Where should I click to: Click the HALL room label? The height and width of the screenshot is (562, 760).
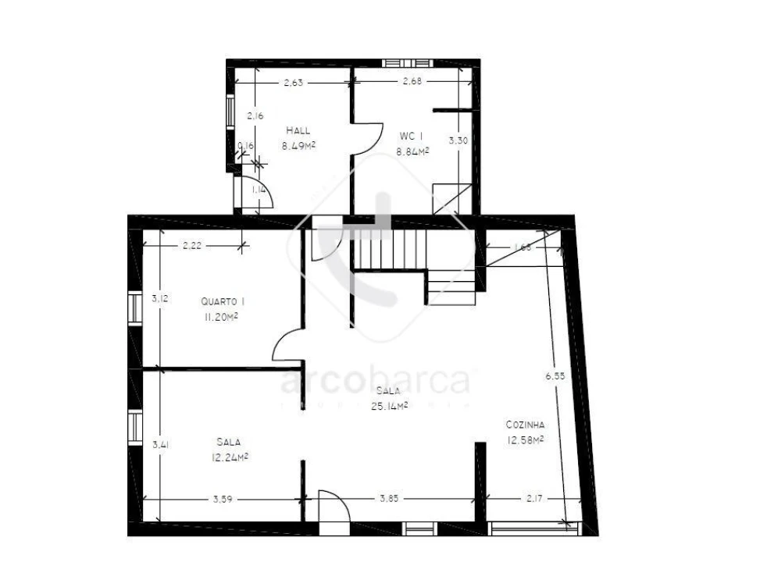coord(298,130)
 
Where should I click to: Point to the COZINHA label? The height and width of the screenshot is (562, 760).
coord(525,425)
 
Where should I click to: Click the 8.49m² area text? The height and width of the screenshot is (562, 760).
coord(298,145)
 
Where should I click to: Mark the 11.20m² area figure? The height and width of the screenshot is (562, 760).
coord(221,317)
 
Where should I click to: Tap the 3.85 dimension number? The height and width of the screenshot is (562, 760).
coord(390,499)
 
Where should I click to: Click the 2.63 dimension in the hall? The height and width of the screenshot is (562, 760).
coord(293,82)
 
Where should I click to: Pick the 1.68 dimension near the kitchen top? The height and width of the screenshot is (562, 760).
coord(523,248)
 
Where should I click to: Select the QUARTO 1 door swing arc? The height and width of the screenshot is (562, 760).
coord(286,345)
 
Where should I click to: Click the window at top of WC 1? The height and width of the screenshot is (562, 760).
coord(406,62)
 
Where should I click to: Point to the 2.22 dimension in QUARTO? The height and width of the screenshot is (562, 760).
coord(192,246)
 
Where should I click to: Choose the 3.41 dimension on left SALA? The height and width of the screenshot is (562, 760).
coord(161,445)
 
